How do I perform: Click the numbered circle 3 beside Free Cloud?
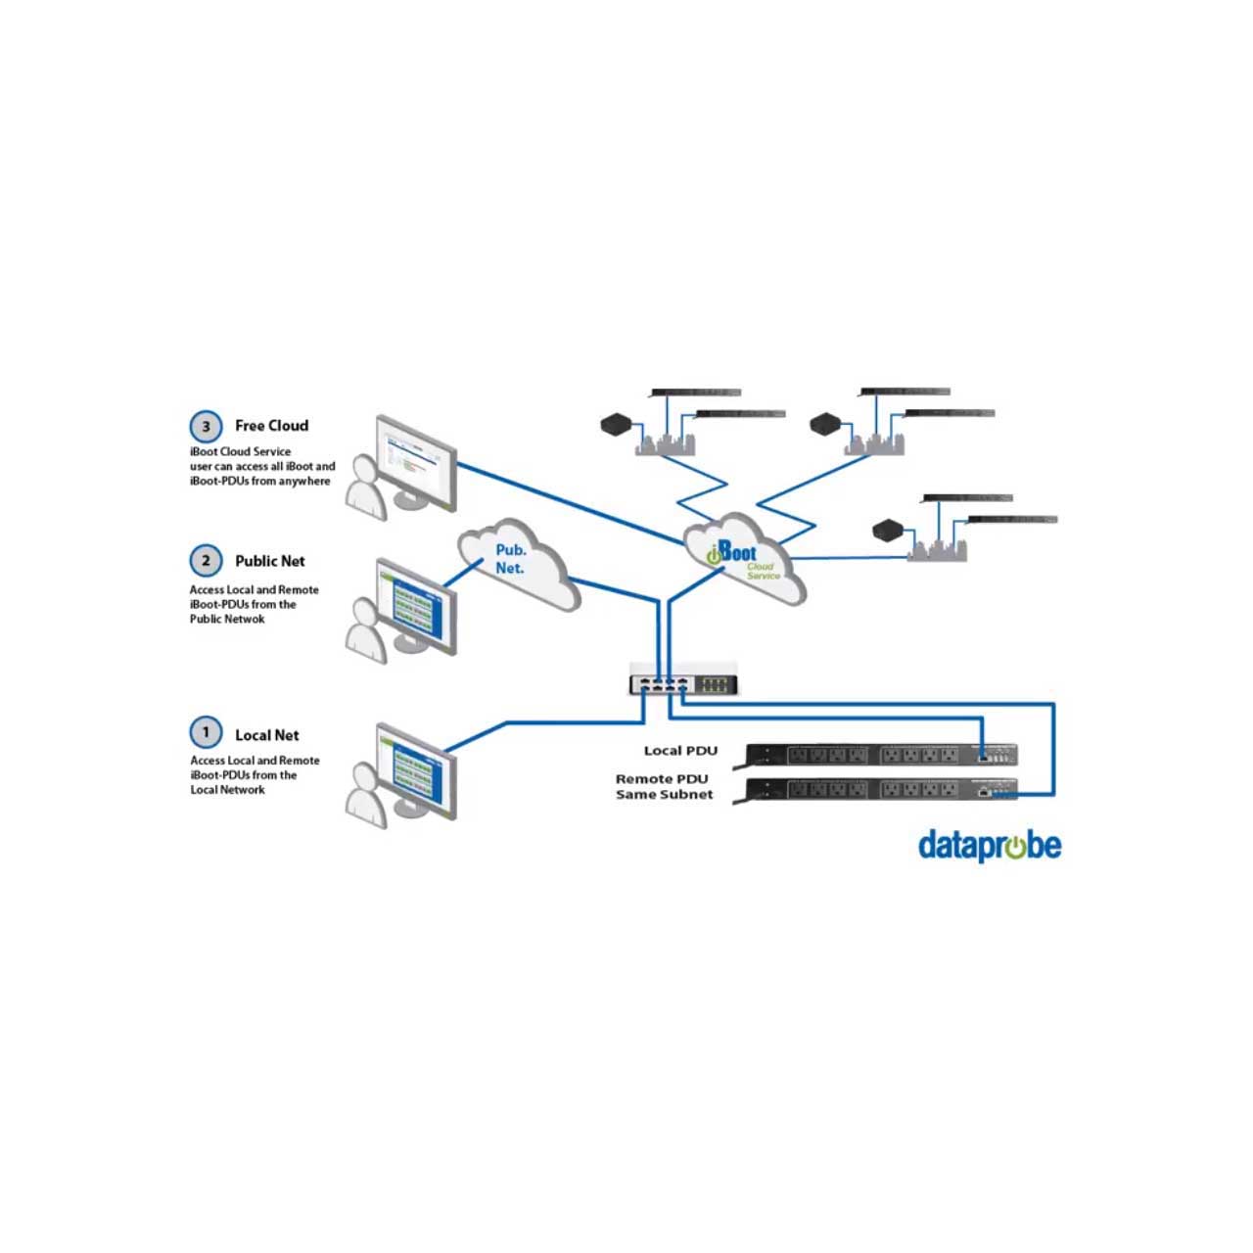point(206,427)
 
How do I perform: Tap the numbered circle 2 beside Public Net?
point(206,561)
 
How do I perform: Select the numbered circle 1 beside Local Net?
point(206,732)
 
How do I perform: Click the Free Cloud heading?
point(271,426)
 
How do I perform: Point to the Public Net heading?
point(269,561)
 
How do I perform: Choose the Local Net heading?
point(266,735)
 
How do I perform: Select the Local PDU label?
point(680,751)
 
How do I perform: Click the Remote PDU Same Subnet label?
point(664,787)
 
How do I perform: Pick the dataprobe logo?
point(989,845)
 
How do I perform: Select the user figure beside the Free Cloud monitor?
point(368,486)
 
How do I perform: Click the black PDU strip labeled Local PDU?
point(881,755)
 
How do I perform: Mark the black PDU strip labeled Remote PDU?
point(881,789)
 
